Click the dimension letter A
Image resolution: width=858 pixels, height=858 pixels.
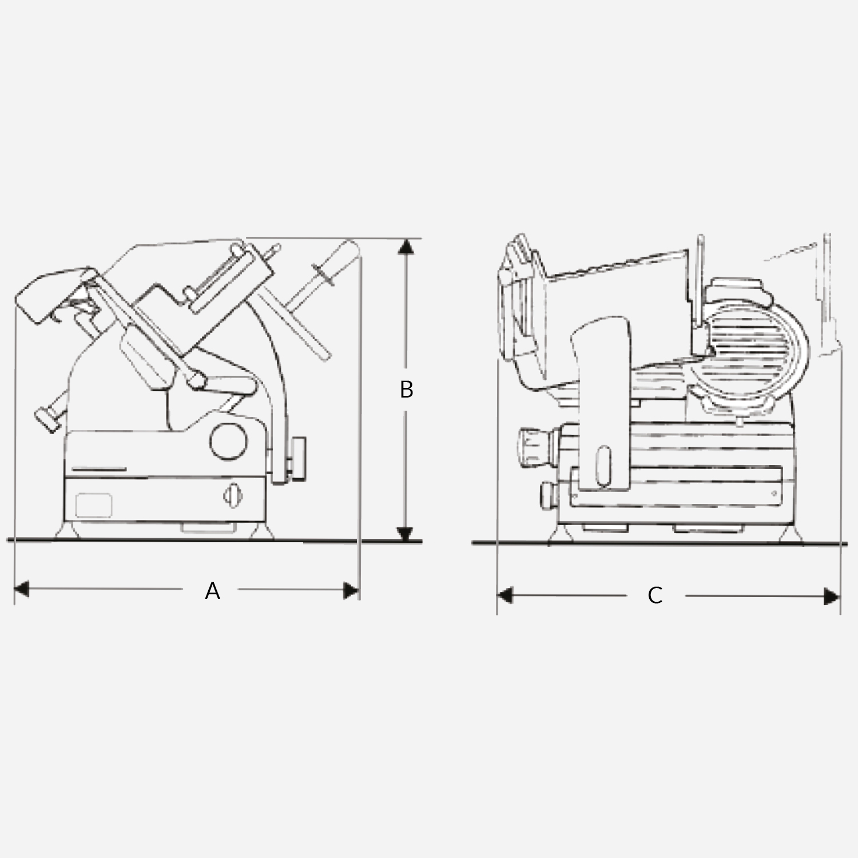[212, 591]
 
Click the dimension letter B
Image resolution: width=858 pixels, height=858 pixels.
[406, 390]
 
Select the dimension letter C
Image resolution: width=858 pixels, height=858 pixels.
[655, 596]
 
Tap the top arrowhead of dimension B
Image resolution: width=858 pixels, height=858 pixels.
[406, 247]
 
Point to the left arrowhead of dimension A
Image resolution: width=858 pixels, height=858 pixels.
[22, 589]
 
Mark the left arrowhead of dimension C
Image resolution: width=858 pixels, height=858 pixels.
[505, 595]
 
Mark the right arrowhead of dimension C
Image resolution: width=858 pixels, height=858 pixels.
[832, 597]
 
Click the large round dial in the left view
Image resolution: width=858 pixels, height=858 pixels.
[229, 440]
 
